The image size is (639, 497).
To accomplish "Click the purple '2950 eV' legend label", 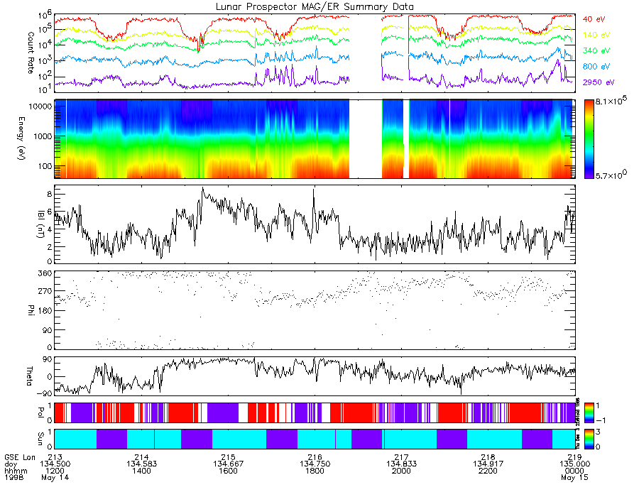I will (x=599, y=82).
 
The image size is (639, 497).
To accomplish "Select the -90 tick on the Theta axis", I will (x=42, y=393).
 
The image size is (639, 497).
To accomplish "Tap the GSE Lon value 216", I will (x=315, y=457).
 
